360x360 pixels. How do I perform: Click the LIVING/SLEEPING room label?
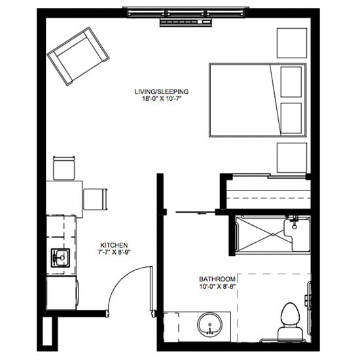[x=162, y=92]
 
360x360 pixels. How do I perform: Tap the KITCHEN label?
[x=114, y=245]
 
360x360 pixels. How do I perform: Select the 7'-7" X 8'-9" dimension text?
[x=114, y=252]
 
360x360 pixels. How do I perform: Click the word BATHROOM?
[x=217, y=279]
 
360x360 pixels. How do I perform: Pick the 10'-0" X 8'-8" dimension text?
[x=218, y=286]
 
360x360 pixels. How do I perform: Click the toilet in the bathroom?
[x=291, y=322]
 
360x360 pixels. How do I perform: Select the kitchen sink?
[x=60, y=258]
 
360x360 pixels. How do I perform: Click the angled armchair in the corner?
[x=78, y=56]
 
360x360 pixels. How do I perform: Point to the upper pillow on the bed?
[x=291, y=82]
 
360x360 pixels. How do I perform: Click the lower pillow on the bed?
[x=291, y=118]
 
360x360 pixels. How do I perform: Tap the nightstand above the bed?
[x=292, y=43]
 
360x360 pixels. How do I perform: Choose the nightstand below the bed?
[x=292, y=158]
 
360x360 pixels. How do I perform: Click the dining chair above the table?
[x=64, y=168]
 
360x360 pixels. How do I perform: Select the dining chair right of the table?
[x=96, y=199]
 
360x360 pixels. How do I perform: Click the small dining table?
[x=64, y=199]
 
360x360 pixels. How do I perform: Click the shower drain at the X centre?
[x=273, y=234]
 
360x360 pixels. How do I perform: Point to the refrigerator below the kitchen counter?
[x=62, y=293]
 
